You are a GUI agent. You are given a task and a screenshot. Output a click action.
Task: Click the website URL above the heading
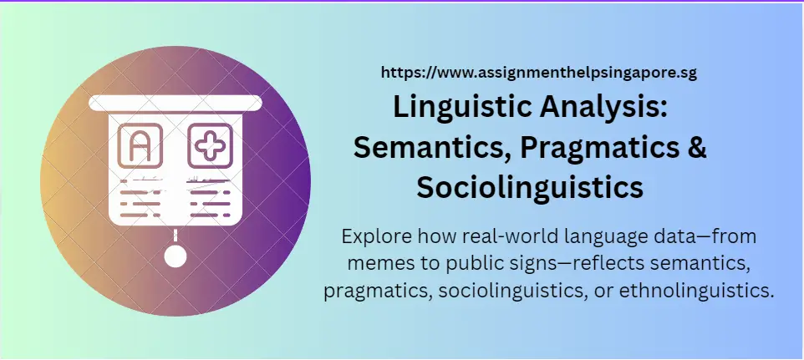coord(538,73)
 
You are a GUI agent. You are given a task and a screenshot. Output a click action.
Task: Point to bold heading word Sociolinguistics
coord(530,187)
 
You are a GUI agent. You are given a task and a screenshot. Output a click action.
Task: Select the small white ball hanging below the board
coord(175,256)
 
